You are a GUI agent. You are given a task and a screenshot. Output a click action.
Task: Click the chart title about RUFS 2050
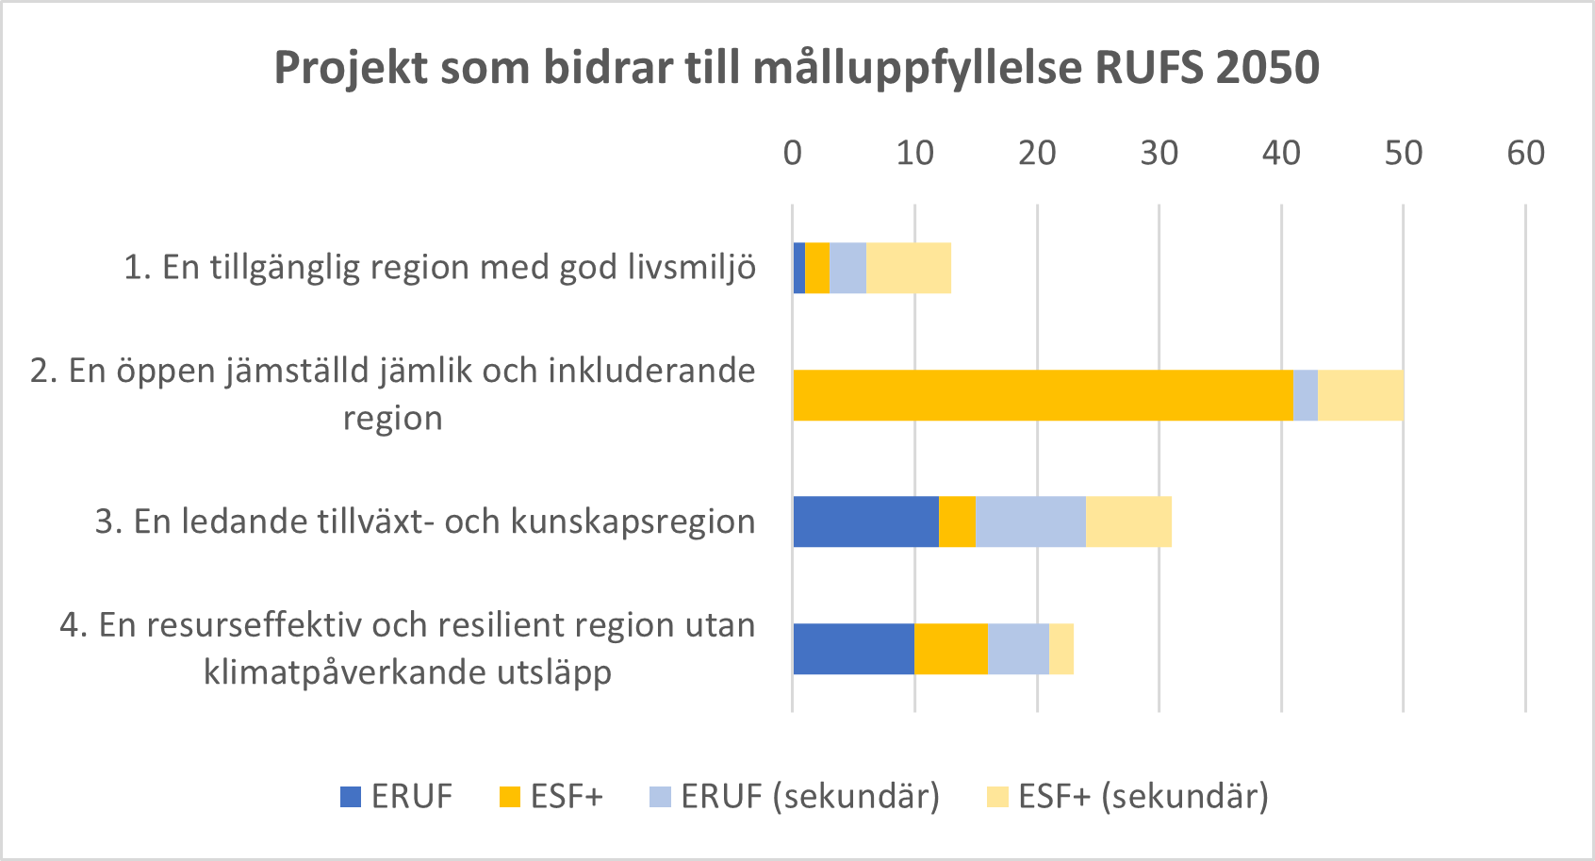[797, 68]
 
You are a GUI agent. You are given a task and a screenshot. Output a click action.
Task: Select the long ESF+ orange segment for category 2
[1042, 395]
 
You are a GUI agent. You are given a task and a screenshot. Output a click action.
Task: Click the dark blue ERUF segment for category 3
[865, 522]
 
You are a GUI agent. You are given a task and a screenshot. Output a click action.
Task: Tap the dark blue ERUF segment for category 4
[853, 649]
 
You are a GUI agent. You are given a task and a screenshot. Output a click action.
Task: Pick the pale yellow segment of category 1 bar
[908, 268]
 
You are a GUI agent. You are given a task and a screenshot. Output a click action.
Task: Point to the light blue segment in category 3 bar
[1030, 522]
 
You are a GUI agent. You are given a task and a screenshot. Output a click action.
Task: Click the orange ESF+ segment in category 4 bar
[950, 649]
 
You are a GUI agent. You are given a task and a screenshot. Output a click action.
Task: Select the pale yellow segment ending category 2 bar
[1360, 395]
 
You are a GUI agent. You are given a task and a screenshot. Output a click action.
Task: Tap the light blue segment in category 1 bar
[847, 268]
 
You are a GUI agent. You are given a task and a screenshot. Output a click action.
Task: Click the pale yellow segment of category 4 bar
[1061, 649]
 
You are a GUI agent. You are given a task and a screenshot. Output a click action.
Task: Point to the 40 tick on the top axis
[1281, 153]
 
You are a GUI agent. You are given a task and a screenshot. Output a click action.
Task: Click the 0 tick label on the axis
[793, 153]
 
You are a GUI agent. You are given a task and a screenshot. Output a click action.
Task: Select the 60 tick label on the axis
[1525, 153]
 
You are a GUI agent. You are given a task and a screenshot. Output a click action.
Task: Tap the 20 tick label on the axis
[1037, 153]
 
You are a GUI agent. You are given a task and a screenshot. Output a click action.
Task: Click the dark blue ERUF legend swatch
[351, 797]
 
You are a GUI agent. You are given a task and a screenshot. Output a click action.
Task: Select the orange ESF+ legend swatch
[509, 797]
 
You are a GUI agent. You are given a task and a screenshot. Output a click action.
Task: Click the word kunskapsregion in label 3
[633, 522]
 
